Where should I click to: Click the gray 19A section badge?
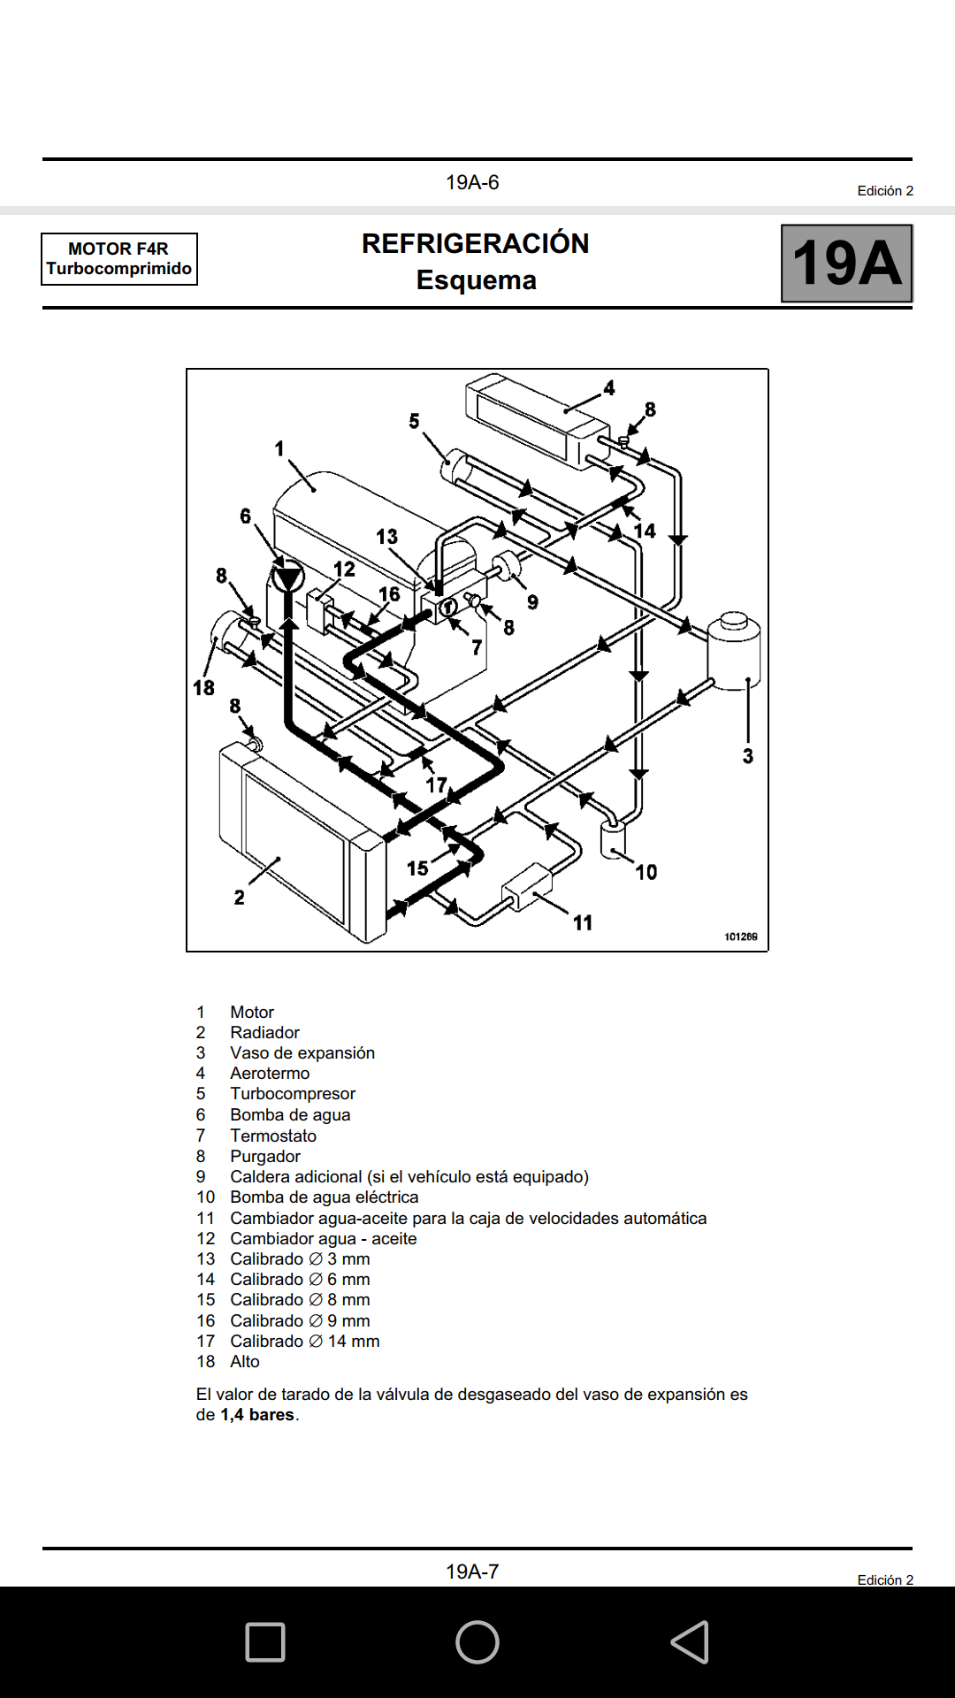(x=846, y=263)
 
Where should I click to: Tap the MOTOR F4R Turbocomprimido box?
(x=119, y=258)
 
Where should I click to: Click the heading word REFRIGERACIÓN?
(x=476, y=243)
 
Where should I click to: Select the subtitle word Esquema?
(x=477, y=280)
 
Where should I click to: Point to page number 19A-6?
(x=472, y=182)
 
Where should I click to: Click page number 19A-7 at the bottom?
(x=472, y=1572)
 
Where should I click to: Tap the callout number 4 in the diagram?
(x=609, y=388)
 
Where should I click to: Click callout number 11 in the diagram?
(x=583, y=922)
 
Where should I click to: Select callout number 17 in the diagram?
(x=437, y=784)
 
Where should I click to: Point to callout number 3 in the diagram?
(x=748, y=756)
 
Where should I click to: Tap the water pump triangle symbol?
(x=287, y=579)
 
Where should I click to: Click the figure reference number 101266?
(x=741, y=937)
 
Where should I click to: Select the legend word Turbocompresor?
(x=293, y=1094)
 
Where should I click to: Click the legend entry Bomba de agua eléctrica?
(x=325, y=1197)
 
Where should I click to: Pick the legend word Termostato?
(x=273, y=1136)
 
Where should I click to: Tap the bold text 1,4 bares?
(x=257, y=1415)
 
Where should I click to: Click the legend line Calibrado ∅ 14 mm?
(x=305, y=1342)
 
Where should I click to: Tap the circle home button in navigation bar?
(x=477, y=1642)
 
